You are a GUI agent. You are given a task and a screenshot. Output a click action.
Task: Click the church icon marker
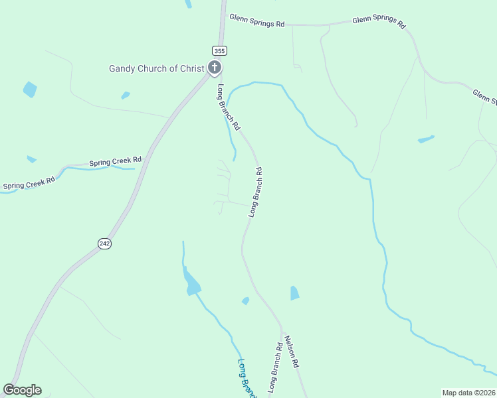click(x=214, y=67)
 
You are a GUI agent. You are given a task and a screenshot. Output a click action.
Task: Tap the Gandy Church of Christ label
click(x=157, y=68)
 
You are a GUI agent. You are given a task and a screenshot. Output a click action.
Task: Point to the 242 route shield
click(x=104, y=243)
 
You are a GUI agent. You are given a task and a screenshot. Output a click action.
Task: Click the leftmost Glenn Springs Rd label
click(x=256, y=20)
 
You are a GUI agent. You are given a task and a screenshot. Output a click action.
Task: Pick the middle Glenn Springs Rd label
click(x=379, y=22)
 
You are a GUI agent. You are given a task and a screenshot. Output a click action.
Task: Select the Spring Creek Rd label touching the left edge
click(x=29, y=183)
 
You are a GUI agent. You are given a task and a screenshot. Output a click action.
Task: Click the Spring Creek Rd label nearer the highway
click(x=116, y=161)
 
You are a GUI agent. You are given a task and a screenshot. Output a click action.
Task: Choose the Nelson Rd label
click(x=292, y=352)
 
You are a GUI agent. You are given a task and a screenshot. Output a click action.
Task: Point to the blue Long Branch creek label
click(x=247, y=378)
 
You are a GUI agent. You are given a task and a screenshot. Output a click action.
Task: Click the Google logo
click(x=23, y=389)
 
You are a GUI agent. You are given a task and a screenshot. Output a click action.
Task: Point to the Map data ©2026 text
click(x=468, y=393)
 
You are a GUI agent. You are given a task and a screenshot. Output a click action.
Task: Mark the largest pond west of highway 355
click(x=30, y=89)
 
